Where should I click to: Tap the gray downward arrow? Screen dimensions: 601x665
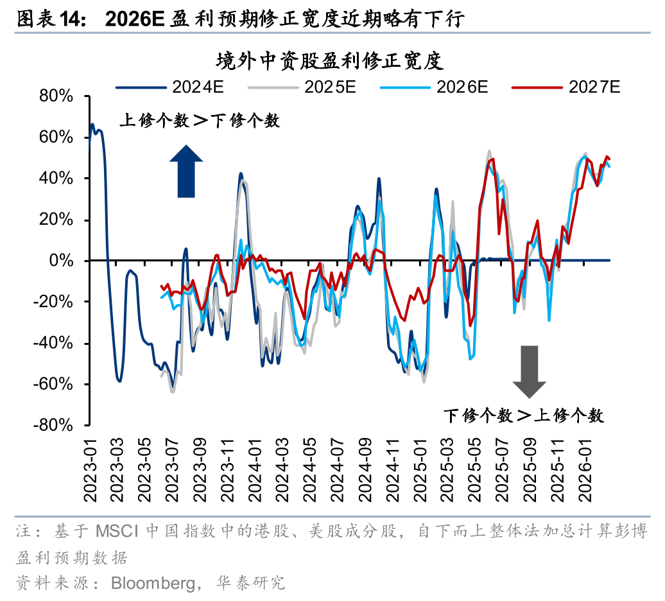pyautogui.click(x=529, y=371)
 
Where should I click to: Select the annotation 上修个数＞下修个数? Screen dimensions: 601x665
pyautogui.click(x=200, y=120)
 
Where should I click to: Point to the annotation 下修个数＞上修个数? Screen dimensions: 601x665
pyautogui.click(x=524, y=415)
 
